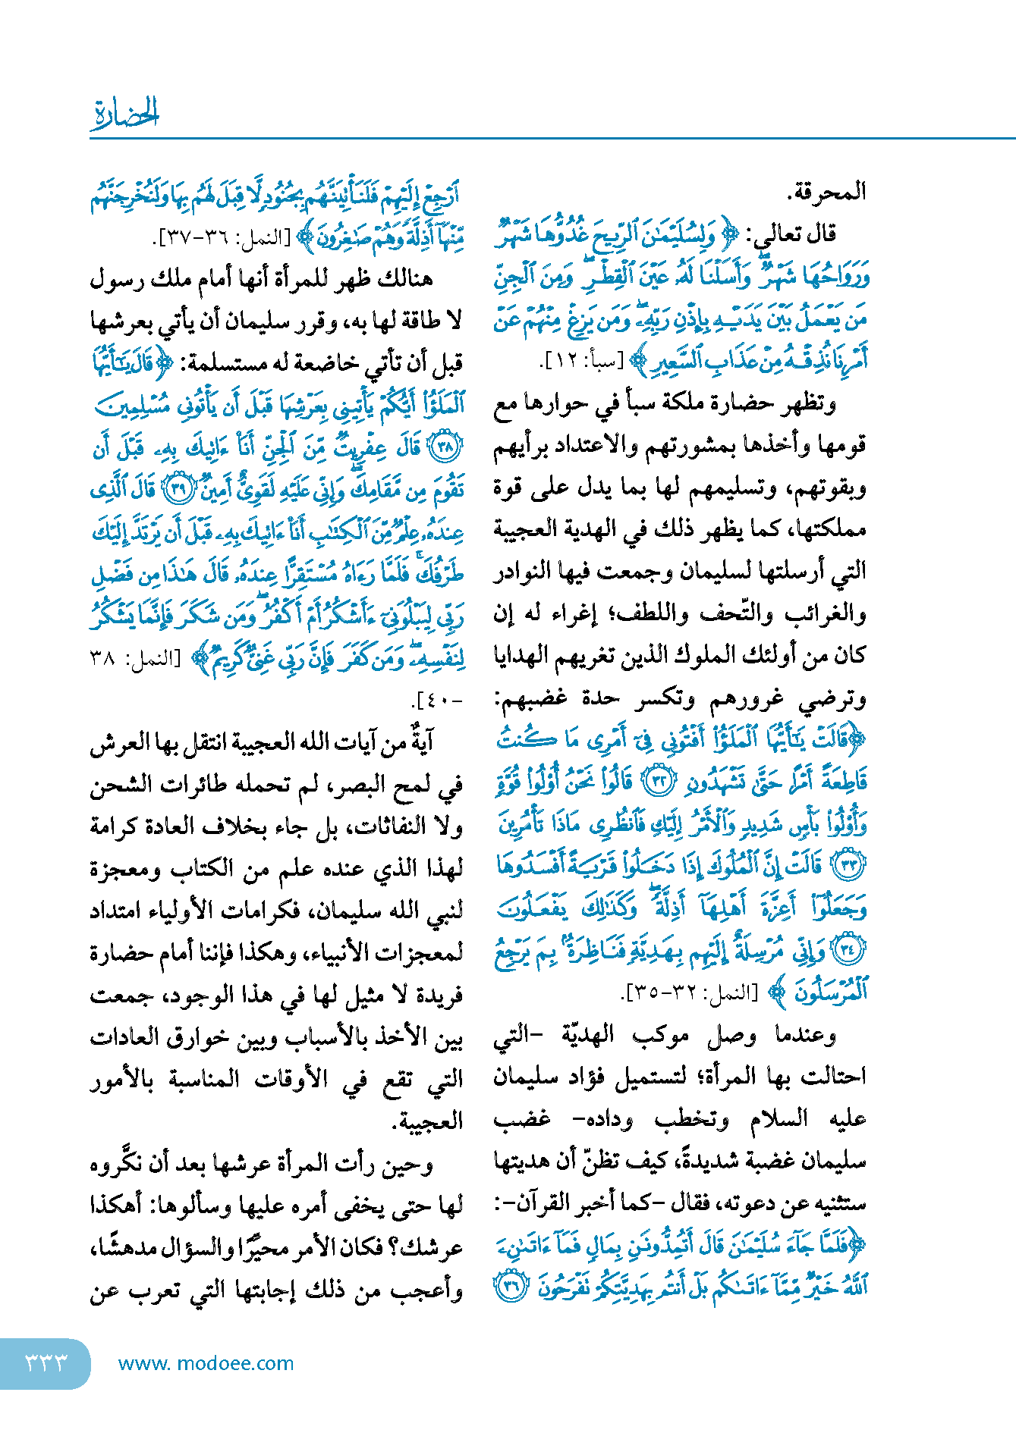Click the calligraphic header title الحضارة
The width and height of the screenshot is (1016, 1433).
click(x=125, y=114)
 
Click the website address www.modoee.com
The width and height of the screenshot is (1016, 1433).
click(x=206, y=1363)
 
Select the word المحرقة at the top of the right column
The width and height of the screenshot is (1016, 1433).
click(x=826, y=192)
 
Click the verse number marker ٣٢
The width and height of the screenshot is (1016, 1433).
click(x=659, y=781)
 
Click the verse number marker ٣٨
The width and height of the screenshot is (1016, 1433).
click(x=446, y=447)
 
